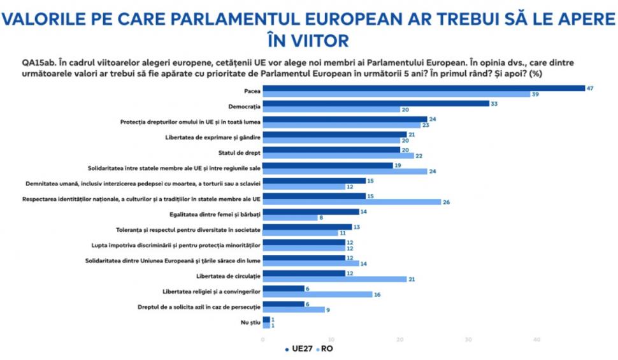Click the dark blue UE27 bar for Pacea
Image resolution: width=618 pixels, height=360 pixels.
pos(424,88)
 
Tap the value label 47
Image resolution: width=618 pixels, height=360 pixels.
pos(590,88)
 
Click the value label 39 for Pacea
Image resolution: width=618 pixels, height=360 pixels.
pos(535,94)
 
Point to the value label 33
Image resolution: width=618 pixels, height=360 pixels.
pos(494,103)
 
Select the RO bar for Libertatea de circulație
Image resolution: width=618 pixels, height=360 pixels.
pos(334,279)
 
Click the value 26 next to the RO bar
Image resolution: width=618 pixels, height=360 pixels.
pos(446,202)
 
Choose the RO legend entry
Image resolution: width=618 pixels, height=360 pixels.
pos(326,349)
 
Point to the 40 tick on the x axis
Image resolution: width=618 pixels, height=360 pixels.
pos(536,338)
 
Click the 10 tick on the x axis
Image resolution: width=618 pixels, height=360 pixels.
pos(331,338)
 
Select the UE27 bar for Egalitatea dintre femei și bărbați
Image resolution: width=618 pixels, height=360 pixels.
pos(310,211)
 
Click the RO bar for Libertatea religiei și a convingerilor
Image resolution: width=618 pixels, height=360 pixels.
pos(317,294)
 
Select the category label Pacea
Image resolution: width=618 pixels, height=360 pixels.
pos(252,91)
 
